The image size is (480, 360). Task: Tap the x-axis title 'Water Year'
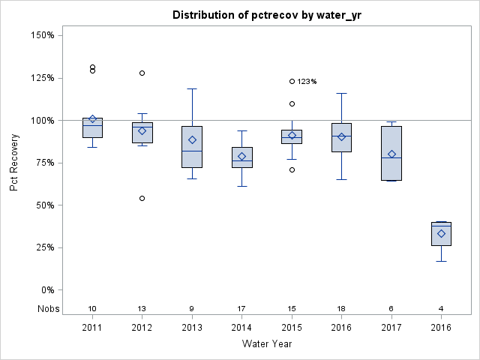[x=267, y=344]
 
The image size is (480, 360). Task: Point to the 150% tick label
[x=41, y=35]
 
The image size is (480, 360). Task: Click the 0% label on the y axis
[x=46, y=290]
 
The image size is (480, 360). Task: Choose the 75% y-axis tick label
[x=43, y=163]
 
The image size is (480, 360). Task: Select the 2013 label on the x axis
[x=192, y=327]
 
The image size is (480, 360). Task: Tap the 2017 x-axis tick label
[x=391, y=327]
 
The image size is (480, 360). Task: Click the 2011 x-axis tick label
[x=92, y=327]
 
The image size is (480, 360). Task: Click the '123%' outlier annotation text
[x=307, y=82]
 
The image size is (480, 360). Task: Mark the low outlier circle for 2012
[x=142, y=198]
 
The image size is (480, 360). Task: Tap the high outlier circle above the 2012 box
[x=142, y=73]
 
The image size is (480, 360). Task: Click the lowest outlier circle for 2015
[x=292, y=169]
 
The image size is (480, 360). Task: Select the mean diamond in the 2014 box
[x=241, y=156]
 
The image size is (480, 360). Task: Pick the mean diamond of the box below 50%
[x=442, y=233]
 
